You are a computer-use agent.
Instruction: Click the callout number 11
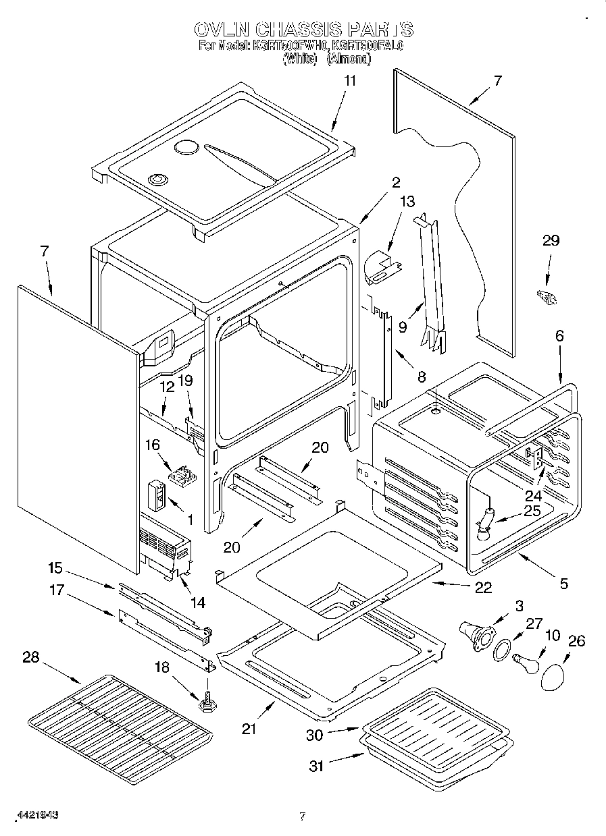tap(349, 81)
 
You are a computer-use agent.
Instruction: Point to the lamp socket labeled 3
tap(477, 635)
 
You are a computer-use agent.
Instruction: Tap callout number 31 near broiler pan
tap(316, 766)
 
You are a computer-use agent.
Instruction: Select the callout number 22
tap(483, 586)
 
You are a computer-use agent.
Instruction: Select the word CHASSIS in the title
tap(299, 30)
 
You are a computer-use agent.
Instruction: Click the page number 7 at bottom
tap(302, 816)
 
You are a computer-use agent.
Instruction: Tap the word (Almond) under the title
tap(349, 59)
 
